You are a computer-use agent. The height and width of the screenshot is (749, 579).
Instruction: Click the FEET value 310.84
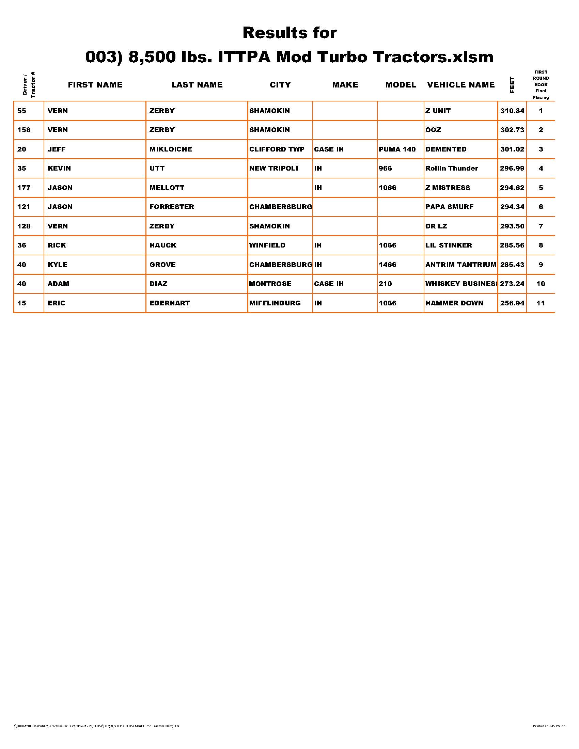click(512, 111)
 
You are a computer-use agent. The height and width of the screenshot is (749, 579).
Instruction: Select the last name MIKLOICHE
click(171, 149)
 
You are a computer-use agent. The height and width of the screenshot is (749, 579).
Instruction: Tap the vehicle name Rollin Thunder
click(451, 169)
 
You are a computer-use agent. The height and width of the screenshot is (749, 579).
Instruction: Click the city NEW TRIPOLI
click(273, 169)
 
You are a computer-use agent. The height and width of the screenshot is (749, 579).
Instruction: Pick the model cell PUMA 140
click(397, 149)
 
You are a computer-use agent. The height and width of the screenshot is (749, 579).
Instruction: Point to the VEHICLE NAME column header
click(461, 85)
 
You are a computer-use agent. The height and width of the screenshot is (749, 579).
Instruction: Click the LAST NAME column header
click(197, 85)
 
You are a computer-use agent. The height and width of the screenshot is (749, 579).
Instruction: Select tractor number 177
click(24, 188)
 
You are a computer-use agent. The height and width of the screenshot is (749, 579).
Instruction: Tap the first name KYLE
click(57, 265)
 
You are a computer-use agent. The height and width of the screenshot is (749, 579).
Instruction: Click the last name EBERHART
click(170, 303)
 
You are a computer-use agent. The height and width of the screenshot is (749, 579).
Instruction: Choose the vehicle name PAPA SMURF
click(449, 207)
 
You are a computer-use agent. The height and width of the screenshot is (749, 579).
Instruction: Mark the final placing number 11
click(541, 303)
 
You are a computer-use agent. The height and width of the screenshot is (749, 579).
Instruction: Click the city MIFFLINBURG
click(275, 303)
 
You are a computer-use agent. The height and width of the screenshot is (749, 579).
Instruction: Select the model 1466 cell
click(387, 265)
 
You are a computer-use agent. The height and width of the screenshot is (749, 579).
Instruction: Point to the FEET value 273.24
click(512, 284)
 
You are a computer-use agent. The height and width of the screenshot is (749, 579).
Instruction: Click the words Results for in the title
click(289, 33)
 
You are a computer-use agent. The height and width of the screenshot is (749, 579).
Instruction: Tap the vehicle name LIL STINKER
click(448, 245)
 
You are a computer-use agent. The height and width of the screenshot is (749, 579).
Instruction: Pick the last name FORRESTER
click(172, 207)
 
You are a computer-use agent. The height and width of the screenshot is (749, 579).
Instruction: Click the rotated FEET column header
click(512, 85)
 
